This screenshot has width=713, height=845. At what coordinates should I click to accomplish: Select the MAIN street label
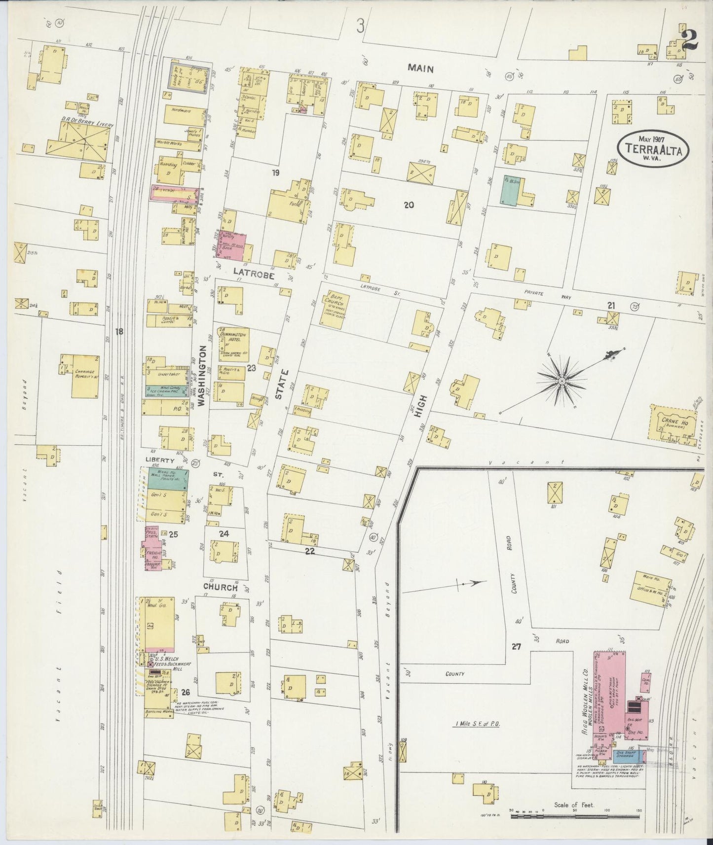click(x=420, y=68)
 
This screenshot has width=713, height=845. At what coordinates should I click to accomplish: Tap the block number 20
click(x=408, y=205)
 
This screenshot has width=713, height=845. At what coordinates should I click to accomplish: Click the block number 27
click(x=516, y=646)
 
